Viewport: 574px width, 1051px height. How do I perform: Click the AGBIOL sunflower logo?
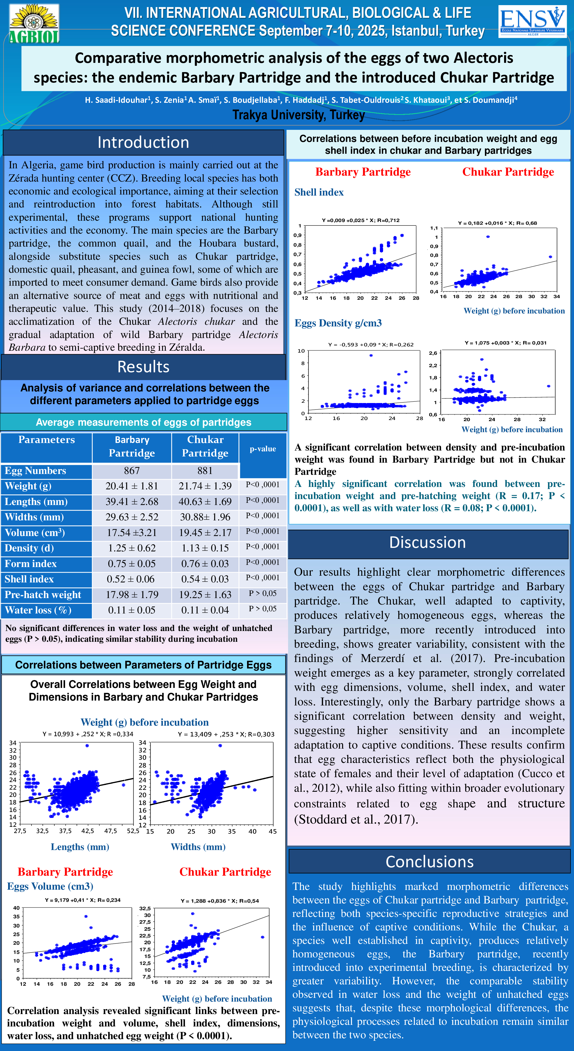pyautogui.click(x=34, y=24)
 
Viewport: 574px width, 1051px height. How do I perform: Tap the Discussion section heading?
pyautogui.click(x=427, y=542)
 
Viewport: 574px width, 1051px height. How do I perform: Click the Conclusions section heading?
pyautogui.click(x=430, y=861)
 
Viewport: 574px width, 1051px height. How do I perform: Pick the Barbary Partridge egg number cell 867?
pyautogui.click(x=132, y=470)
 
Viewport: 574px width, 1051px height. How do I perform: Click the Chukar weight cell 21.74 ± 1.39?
pyautogui.click(x=205, y=486)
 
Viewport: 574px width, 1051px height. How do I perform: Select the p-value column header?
pyautogui.click(x=262, y=449)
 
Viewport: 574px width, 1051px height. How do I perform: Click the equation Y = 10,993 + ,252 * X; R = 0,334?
pyautogui.click(x=88, y=734)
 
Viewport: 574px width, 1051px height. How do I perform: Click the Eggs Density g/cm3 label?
pyautogui.click(x=338, y=323)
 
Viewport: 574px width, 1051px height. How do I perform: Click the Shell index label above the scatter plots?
pyautogui.click(x=319, y=192)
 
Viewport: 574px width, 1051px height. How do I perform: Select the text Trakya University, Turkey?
pyautogui.click(x=298, y=115)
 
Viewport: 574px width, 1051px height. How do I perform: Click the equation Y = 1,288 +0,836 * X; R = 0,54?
pyautogui.click(x=220, y=900)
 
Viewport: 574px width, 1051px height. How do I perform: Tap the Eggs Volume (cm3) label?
pyautogui.click(x=50, y=886)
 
